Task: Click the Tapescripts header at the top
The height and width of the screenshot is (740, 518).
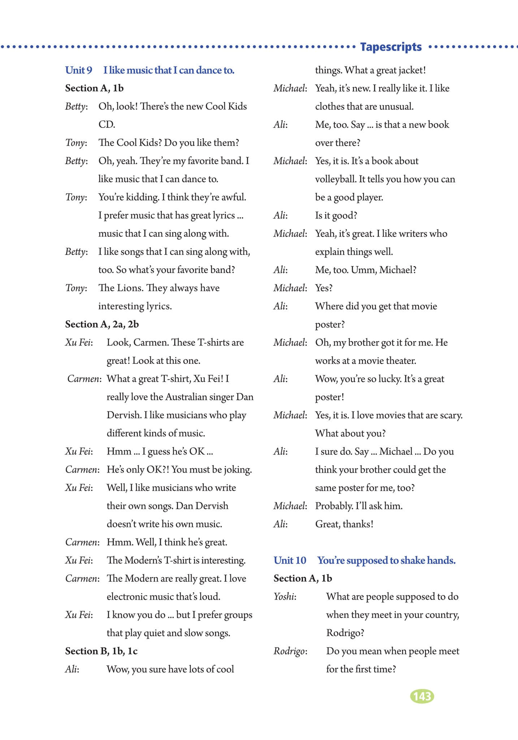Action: click(391, 47)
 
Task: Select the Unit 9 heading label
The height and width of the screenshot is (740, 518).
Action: click(78, 70)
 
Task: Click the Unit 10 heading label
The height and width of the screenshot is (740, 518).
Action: click(290, 560)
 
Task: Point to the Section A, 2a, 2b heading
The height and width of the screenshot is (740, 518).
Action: click(102, 324)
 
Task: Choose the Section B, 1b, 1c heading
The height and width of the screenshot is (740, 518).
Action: click(101, 651)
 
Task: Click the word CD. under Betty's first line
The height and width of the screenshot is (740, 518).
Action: click(107, 125)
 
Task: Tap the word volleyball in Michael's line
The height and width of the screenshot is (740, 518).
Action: click(335, 179)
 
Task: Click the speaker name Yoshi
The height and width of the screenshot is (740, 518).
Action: click(285, 597)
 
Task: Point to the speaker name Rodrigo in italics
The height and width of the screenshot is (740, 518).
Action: click(290, 651)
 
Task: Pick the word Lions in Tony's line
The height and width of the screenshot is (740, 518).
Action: click(130, 288)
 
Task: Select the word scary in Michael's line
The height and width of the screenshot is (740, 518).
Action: click(451, 415)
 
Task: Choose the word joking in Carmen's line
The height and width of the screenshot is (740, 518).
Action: click(237, 470)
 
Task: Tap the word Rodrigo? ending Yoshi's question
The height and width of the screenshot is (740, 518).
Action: click(345, 633)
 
